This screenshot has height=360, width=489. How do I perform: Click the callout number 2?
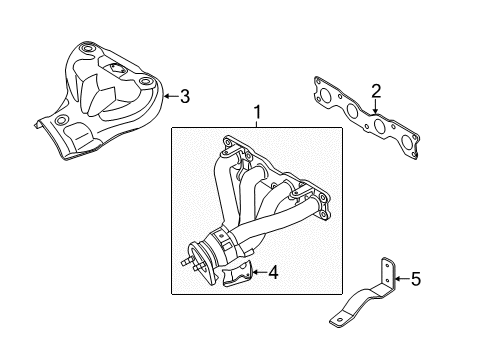(x=376, y=93)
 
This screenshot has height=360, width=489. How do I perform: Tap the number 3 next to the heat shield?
(x=184, y=96)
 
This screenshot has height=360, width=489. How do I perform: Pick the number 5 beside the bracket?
(x=415, y=281)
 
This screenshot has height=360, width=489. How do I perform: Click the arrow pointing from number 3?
(x=169, y=96)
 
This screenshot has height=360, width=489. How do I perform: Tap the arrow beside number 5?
(x=400, y=281)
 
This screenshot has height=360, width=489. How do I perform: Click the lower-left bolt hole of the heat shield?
(x=60, y=122)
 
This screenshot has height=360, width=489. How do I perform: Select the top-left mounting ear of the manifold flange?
(x=227, y=147)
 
